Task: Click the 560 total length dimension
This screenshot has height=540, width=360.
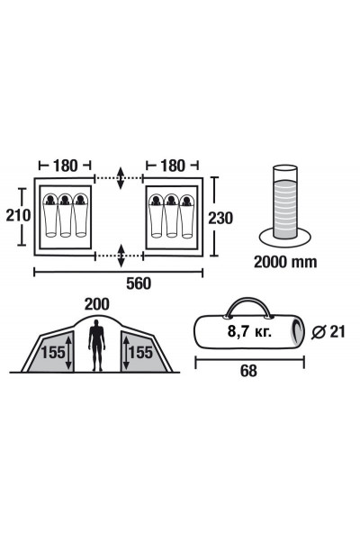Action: click(x=139, y=283)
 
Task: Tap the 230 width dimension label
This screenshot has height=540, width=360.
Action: click(x=220, y=218)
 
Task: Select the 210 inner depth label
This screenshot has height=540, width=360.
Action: click(x=18, y=216)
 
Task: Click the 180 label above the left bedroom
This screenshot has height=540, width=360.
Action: click(x=65, y=166)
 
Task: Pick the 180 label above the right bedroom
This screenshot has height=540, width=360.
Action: click(x=172, y=166)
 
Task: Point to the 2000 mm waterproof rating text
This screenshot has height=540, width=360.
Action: click(x=285, y=262)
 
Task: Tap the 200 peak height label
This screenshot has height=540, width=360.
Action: click(x=97, y=304)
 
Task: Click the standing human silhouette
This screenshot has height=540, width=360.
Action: click(x=97, y=345)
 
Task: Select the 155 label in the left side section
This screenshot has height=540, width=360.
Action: click(x=53, y=352)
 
